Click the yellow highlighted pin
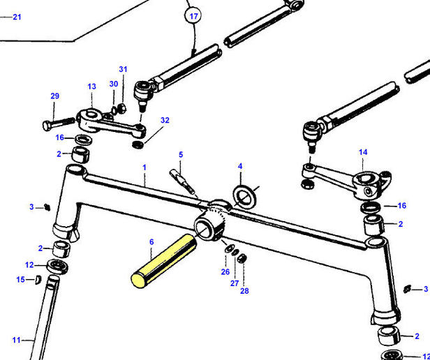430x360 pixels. pyautogui.click(x=163, y=260)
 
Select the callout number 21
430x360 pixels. pyautogui.click(x=17, y=17)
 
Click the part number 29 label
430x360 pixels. pyautogui.click(x=54, y=96)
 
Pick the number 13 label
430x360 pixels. pyautogui.click(x=91, y=87)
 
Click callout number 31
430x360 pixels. pyautogui.click(x=123, y=69)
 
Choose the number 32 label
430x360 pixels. pyautogui.click(x=165, y=120)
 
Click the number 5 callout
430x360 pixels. pyautogui.click(x=180, y=154)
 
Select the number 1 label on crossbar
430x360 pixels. pyautogui.click(x=144, y=167)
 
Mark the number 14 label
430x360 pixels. pyautogui.click(x=362, y=151)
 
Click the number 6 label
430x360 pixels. pyautogui.click(x=151, y=241)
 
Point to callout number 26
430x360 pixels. pyautogui.click(x=225, y=271)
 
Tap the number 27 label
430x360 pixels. pyautogui.click(x=235, y=283)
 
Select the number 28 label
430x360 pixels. pyautogui.click(x=244, y=290)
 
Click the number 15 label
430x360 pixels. pyautogui.click(x=20, y=280)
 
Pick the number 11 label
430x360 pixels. pyautogui.click(x=17, y=340)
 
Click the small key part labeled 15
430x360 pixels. pyautogui.click(x=39, y=280)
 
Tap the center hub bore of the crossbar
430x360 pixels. pyautogui.click(x=207, y=225)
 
